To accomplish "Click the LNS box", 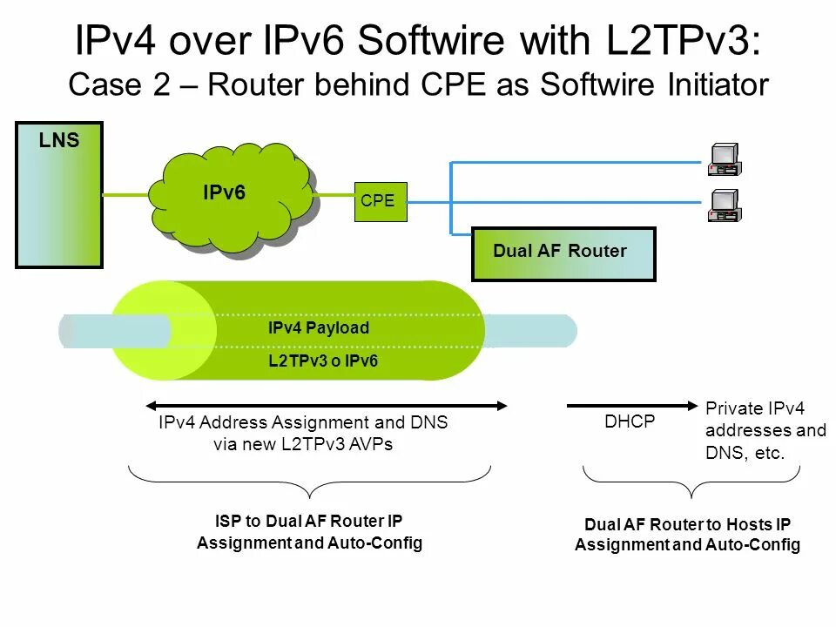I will [x=59, y=195].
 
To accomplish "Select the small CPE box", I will [x=381, y=201].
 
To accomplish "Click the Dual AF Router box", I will [x=563, y=253].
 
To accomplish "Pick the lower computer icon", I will [x=725, y=206].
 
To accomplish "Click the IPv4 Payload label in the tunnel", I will [x=319, y=328].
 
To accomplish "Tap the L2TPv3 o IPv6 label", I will [x=323, y=361].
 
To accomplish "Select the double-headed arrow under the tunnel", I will [x=326, y=405].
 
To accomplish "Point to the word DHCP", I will [x=630, y=421].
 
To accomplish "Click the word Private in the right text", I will [x=733, y=408].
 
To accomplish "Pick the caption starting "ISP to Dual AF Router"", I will [x=309, y=532].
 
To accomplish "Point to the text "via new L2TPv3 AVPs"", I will [x=302, y=444].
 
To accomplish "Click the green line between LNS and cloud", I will [x=127, y=195].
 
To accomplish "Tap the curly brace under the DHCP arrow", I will [x=690, y=482].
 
